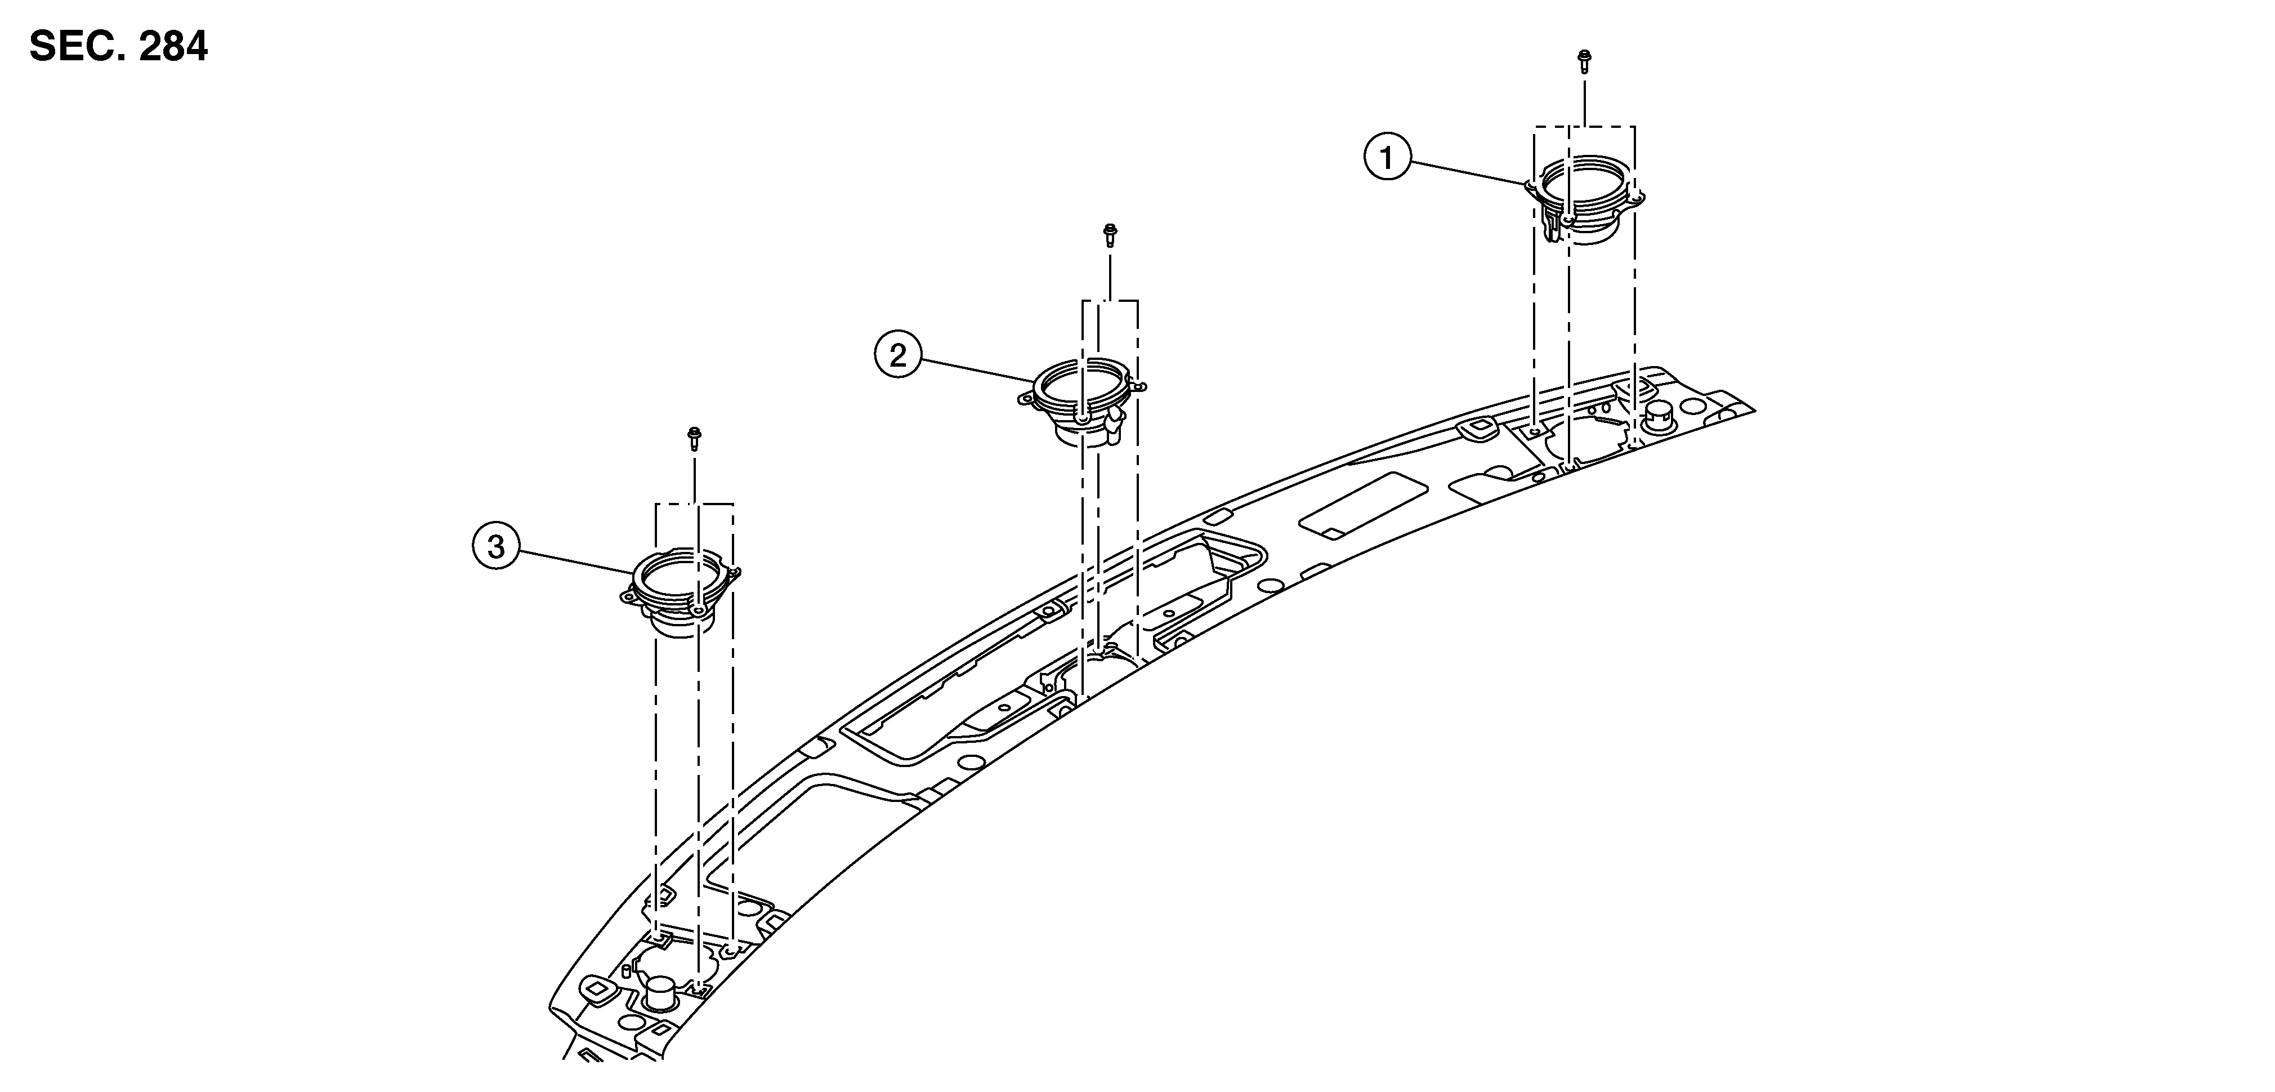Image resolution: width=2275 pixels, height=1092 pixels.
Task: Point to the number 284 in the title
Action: [172, 46]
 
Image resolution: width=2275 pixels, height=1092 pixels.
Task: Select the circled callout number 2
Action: [897, 356]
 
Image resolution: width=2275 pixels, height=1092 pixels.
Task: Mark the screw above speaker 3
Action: [694, 438]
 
